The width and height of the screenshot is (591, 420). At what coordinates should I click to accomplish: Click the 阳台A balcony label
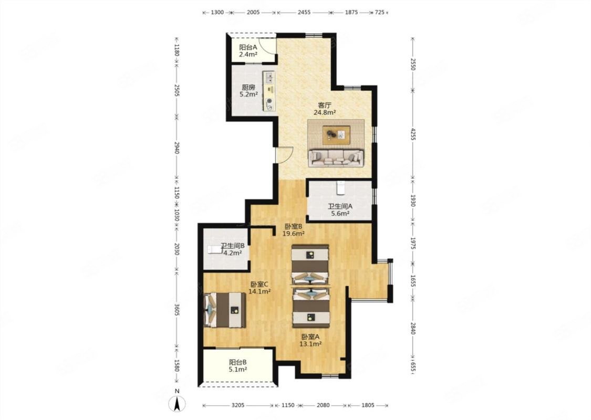(248, 47)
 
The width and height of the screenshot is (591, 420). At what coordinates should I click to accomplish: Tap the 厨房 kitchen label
(248, 87)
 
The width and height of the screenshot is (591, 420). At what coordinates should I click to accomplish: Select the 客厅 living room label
(325, 105)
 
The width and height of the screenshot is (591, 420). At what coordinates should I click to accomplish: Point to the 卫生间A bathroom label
(339, 206)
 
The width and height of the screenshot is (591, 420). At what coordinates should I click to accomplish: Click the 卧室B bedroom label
(294, 226)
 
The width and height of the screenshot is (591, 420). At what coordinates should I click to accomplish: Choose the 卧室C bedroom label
(260, 285)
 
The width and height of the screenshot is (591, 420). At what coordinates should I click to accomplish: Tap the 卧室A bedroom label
(310, 337)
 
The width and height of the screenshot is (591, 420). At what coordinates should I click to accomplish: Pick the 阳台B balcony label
(238, 362)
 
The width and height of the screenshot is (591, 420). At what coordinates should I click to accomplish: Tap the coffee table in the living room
(336, 134)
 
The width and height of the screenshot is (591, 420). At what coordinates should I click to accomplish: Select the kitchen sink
(270, 78)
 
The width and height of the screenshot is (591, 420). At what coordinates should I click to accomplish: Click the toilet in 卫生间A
(340, 188)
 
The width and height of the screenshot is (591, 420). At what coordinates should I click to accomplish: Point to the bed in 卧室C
(225, 310)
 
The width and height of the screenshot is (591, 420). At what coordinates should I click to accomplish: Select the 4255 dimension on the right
(413, 134)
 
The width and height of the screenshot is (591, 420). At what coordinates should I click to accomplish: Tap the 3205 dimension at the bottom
(238, 405)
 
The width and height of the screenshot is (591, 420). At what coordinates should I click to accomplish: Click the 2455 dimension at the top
(304, 12)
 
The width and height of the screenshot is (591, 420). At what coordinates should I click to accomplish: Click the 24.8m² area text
(325, 112)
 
